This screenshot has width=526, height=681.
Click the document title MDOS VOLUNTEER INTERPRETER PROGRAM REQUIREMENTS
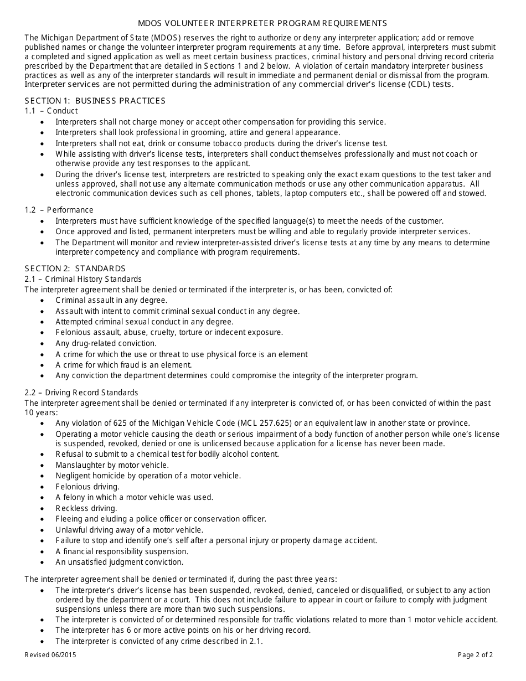click(262, 23)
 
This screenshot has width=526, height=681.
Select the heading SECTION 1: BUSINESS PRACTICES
click(95, 100)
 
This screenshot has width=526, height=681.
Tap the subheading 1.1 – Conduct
click(51, 111)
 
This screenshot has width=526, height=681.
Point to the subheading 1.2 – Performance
click(59, 210)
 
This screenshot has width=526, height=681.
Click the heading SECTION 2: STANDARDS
click(75, 269)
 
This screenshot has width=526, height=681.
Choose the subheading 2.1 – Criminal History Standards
click(83, 279)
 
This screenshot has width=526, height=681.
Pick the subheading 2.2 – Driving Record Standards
click(81, 393)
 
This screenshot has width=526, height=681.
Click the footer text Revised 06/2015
click(50, 655)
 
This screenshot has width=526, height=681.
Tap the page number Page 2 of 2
click(475, 655)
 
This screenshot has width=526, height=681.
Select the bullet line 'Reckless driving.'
click(86, 508)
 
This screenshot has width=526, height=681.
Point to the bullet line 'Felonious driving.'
click(87, 487)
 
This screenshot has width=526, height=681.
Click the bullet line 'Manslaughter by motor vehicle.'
click(112, 465)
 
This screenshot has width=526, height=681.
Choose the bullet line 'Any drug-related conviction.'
click(106, 343)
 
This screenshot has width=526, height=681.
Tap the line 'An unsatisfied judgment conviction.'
click(119, 562)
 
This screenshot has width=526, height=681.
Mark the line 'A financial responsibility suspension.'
click(122, 551)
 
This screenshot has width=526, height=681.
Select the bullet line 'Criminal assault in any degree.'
click(111, 300)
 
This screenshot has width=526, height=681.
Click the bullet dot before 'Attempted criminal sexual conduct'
click(43, 322)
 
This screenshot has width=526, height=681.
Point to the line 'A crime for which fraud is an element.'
click(123, 365)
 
